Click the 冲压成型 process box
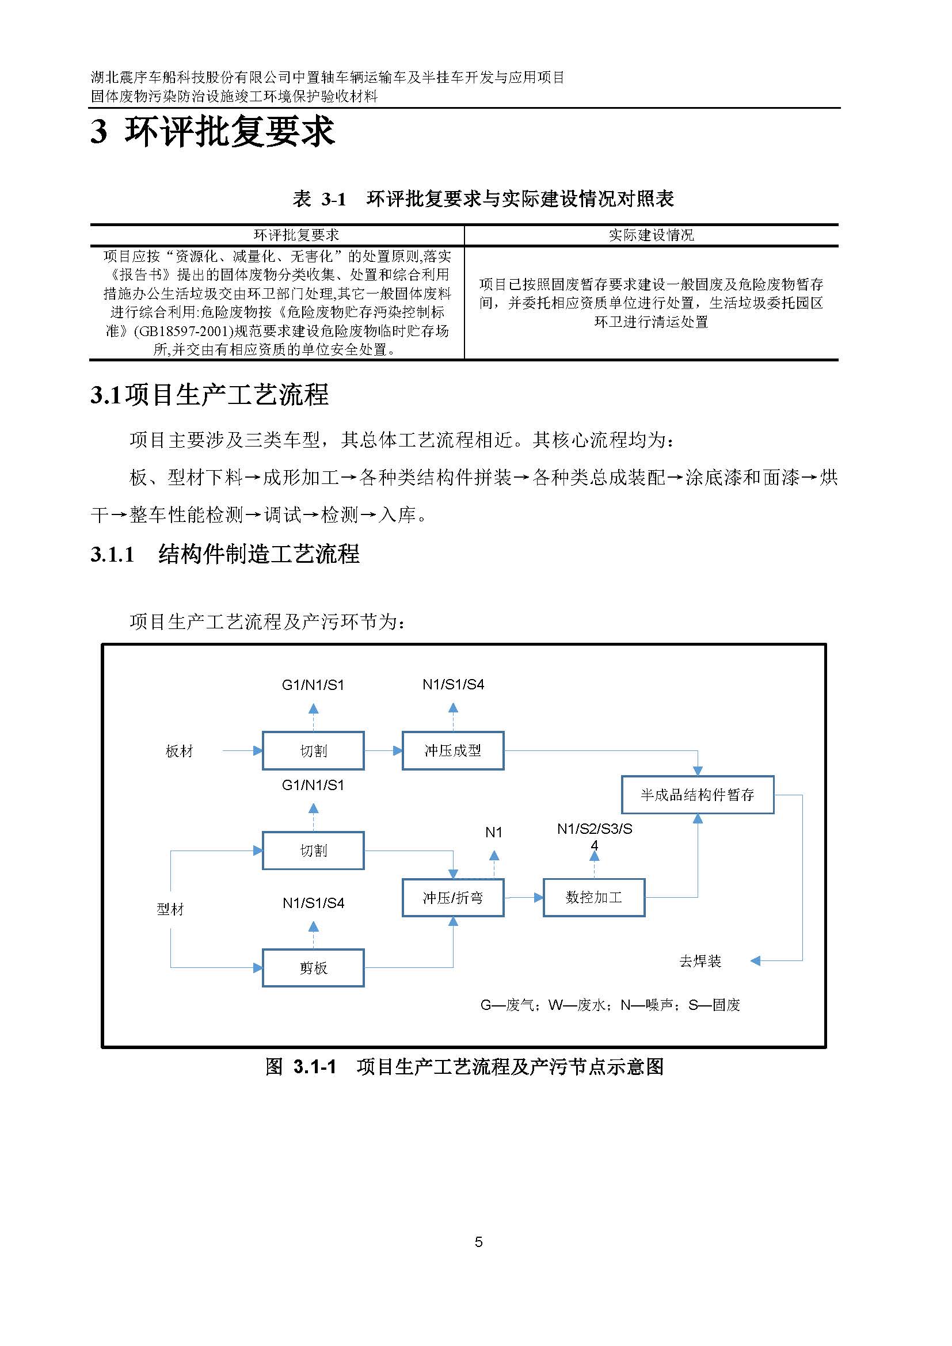tap(452, 750)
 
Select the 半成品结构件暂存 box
tap(697, 795)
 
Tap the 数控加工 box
tap(594, 897)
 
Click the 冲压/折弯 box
tap(452, 898)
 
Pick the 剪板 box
tap(313, 968)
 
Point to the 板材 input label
tap(180, 751)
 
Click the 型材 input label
tap(170, 909)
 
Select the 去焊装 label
tap(700, 961)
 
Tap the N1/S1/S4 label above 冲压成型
tap(453, 684)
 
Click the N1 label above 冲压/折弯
tap(494, 832)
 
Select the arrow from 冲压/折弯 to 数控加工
tap(523, 897)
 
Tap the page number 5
tap(478, 1242)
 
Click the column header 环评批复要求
tap(296, 235)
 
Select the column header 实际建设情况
tap(651, 235)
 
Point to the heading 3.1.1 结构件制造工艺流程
tap(225, 554)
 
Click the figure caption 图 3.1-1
tap(464, 1066)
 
